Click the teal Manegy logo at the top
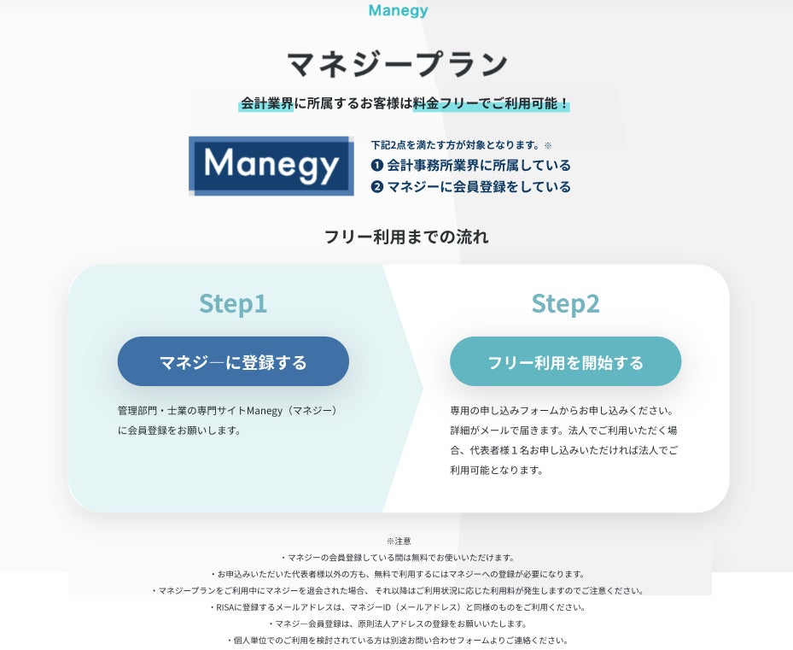[x=398, y=11]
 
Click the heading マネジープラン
[x=397, y=63]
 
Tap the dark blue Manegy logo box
[x=271, y=166]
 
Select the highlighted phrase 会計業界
[x=266, y=103]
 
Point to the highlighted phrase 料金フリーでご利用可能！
[x=491, y=103]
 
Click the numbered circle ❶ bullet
[x=377, y=166]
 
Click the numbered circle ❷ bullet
[x=377, y=187]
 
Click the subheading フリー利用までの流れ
[x=406, y=237]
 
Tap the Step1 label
[x=233, y=303]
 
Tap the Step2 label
[x=565, y=303]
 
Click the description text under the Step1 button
[x=229, y=420]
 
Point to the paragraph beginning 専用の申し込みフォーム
[x=564, y=440]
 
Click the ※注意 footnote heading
[x=399, y=541]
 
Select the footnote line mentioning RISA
[x=398, y=607]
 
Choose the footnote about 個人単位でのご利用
[x=398, y=640]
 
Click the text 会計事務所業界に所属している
[x=479, y=166]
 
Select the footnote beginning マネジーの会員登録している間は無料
[x=398, y=557]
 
